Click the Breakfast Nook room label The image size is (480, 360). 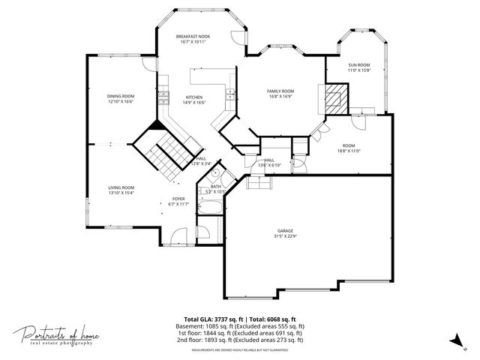(193, 37)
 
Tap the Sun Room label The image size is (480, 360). (359, 65)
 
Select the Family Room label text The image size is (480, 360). (280, 91)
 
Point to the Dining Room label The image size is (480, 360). (120, 96)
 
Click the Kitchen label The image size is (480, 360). (194, 97)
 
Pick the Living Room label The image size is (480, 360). (120, 187)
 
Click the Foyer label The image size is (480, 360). (178, 199)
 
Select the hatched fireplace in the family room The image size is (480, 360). (337, 98)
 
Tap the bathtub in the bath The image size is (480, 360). (209, 208)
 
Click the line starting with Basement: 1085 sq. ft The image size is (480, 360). (240, 326)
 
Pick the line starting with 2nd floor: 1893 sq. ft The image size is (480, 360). (240, 340)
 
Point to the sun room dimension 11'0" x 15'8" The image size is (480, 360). (359, 70)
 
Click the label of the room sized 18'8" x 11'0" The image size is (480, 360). (349, 145)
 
